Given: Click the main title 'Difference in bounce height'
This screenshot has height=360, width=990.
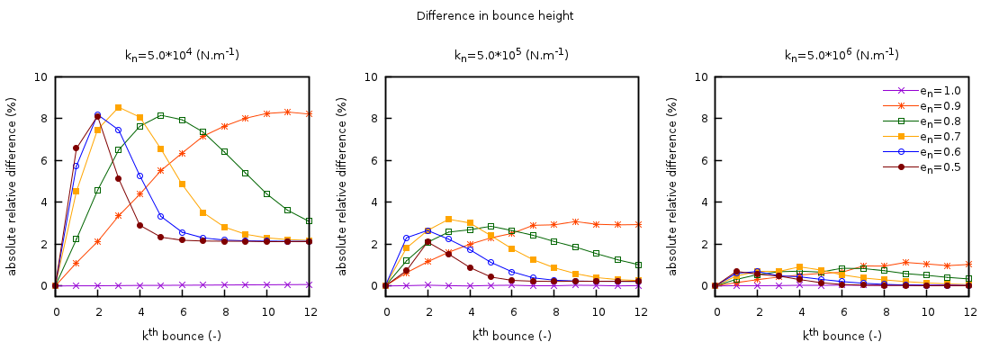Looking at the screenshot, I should coord(495,16).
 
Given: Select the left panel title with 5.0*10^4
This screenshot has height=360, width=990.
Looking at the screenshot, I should coord(182,55).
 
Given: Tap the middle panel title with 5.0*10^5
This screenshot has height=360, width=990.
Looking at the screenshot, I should coord(511,55).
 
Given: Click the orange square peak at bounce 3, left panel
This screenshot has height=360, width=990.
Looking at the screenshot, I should coord(119,107).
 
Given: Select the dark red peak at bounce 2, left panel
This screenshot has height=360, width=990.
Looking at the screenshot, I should coord(97,116).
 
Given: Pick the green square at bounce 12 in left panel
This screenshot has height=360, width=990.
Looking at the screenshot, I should coord(309,220).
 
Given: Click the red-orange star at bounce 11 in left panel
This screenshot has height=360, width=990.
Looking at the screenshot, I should coord(287,112).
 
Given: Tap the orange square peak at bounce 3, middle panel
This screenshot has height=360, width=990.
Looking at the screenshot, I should coord(448,219).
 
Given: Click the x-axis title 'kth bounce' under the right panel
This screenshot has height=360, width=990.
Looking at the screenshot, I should coord(842,336).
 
